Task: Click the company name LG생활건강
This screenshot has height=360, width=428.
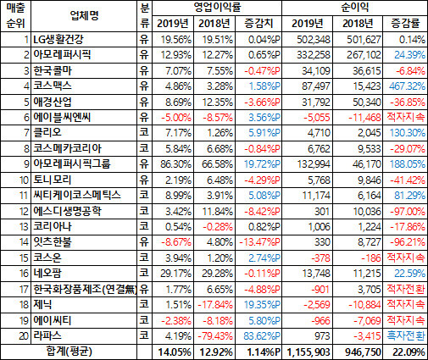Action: [x=58, y=39]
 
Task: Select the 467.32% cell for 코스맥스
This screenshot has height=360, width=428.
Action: [x=407, y=86]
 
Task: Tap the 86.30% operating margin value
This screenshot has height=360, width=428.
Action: [x=175, y=164]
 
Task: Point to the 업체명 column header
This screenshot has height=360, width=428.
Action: [x=84, y=15]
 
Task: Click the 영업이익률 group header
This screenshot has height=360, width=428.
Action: [x=217, y=7]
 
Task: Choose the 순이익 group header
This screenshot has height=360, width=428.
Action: [x=354, y=7]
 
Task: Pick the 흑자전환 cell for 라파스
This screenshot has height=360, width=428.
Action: [x=406, y=335]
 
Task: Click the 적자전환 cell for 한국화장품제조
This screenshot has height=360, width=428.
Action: [x=406, y=289]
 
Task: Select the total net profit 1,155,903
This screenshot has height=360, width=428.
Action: [x=308, y=352]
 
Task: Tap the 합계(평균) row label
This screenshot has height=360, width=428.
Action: [x=69, y=352]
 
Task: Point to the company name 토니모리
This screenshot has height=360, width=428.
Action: [x=53, y=180]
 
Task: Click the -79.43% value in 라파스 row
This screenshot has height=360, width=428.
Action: [x=215, y=336]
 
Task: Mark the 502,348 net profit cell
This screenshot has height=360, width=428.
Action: [x=314, y=40]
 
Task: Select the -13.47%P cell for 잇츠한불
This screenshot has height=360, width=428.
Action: [x=259, y=242]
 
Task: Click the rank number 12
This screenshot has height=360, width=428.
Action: [x=24, y=211]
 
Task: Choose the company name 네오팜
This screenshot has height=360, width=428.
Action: [x=47, y=273]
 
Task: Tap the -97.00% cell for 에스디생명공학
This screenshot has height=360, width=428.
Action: [x=408, y=211]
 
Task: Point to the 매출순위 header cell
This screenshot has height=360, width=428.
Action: [x=15, y=15]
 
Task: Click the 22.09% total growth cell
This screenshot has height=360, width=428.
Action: [x=409, y=352]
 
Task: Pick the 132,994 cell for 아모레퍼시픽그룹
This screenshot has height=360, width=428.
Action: [x=314, y=164]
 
